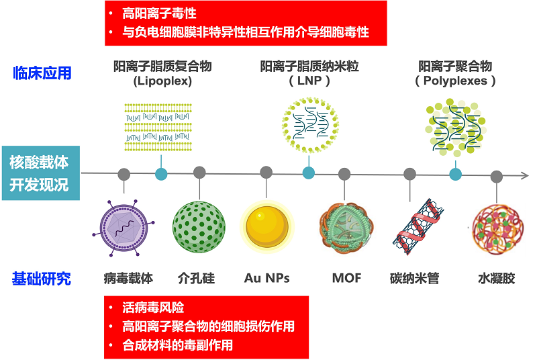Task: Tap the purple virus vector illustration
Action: [x=124, y=227]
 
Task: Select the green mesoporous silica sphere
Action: [x=199, y=226]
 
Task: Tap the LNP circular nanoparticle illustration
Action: [x=309, y=124]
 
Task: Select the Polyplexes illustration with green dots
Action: [x=456, y=124]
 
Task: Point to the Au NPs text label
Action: [x=267, y=277]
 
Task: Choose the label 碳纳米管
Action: [x=414, y=277]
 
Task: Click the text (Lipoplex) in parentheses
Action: [x=162, y=81]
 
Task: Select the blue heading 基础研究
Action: [x=41, y=278]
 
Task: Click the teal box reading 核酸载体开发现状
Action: [x=40, y=173]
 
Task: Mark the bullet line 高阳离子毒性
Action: [x=160, y=13]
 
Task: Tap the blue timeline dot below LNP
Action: [x=309, y=173]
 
